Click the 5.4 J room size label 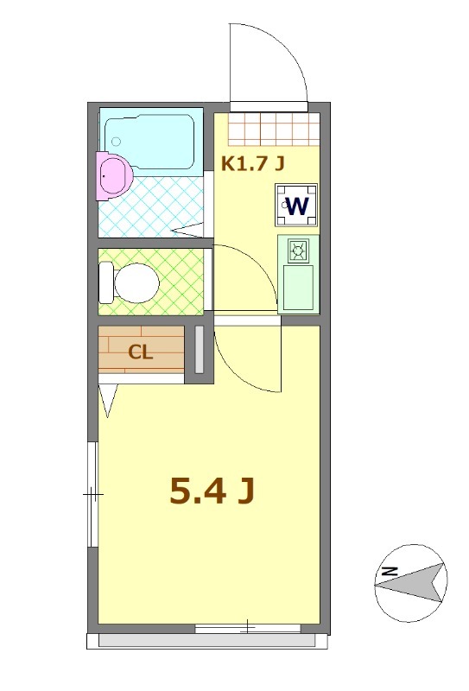(211, 491)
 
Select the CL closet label (141, 352)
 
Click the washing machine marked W (296, 206)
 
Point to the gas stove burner (299, 251)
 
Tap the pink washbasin (113, 174)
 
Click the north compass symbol (410, 583)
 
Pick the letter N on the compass (390, 571)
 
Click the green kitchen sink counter (299, 288)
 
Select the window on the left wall (92, 494)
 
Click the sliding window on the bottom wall (248, 627)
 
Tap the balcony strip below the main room (207, 641)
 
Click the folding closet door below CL (110, 400)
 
